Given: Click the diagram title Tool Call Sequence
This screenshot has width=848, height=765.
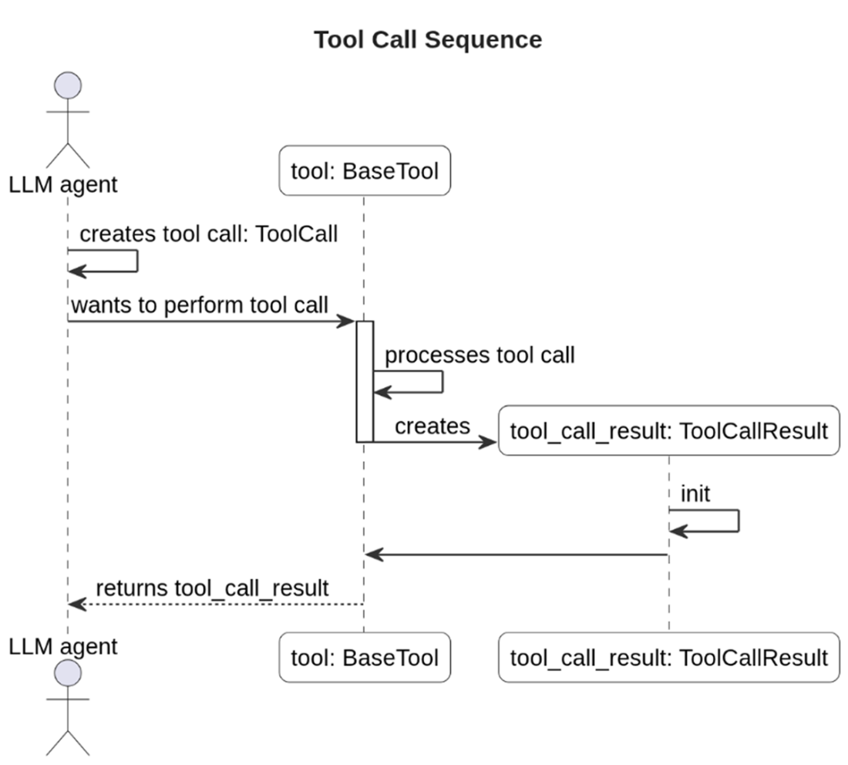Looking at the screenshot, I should [x=427, y=39].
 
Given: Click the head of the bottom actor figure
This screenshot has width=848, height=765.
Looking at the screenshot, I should [x=68, y=673].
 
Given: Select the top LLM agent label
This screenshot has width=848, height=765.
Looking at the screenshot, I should [x=63, y=184].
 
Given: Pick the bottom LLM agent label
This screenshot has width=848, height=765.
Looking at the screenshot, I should [x=63, y=645].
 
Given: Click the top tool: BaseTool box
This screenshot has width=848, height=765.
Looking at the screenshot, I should [x=364, y=170].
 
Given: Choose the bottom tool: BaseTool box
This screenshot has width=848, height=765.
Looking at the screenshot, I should [x=364, y=657].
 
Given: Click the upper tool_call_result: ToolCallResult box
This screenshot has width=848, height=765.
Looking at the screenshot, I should [x=668, y=430].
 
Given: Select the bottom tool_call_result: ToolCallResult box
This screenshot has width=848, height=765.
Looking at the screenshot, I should [x=668, y=657].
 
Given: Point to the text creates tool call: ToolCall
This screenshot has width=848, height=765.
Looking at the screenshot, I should [x=208, y=234].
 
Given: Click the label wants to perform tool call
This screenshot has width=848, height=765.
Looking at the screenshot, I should [x=200, y=305].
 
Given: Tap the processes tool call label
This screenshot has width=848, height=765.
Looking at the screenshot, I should [x=480, y=355].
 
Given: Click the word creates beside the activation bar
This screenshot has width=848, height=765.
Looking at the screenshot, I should [x=432, y=426].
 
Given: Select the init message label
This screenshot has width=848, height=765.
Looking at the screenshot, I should [x=695, y=494].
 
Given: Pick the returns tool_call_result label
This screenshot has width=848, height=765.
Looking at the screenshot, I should [x=212, y=588].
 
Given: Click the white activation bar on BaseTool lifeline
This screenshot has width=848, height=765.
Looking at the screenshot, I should [x=365, y=381].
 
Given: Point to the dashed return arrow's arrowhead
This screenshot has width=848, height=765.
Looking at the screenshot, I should [x=76, y=604].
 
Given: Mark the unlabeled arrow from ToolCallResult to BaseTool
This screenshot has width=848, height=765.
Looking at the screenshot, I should [x=517, y=554].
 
